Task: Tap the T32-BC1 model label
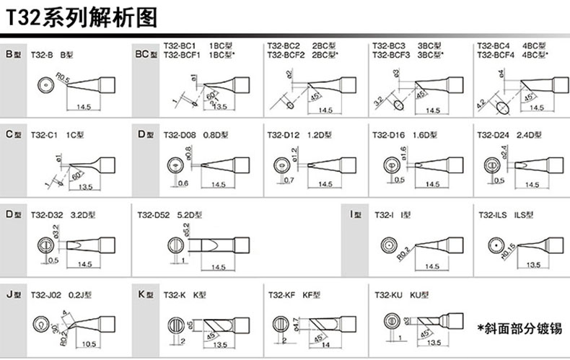click(x=178, y=46)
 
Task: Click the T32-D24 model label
click(x=491, y=134)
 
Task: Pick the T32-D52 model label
click(x=153, y=214)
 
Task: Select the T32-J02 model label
click(x=45, y=294)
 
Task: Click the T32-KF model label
click(x=281, y=294)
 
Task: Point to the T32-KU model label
click(x=387, y=294)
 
